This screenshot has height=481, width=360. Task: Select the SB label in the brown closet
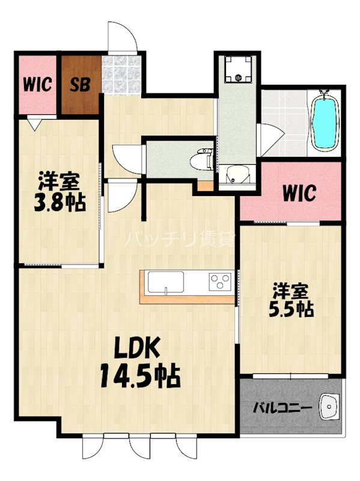coord(80,84)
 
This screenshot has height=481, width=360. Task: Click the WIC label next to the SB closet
coord(36,84)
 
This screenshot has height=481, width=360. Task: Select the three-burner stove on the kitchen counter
coord(219,281)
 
